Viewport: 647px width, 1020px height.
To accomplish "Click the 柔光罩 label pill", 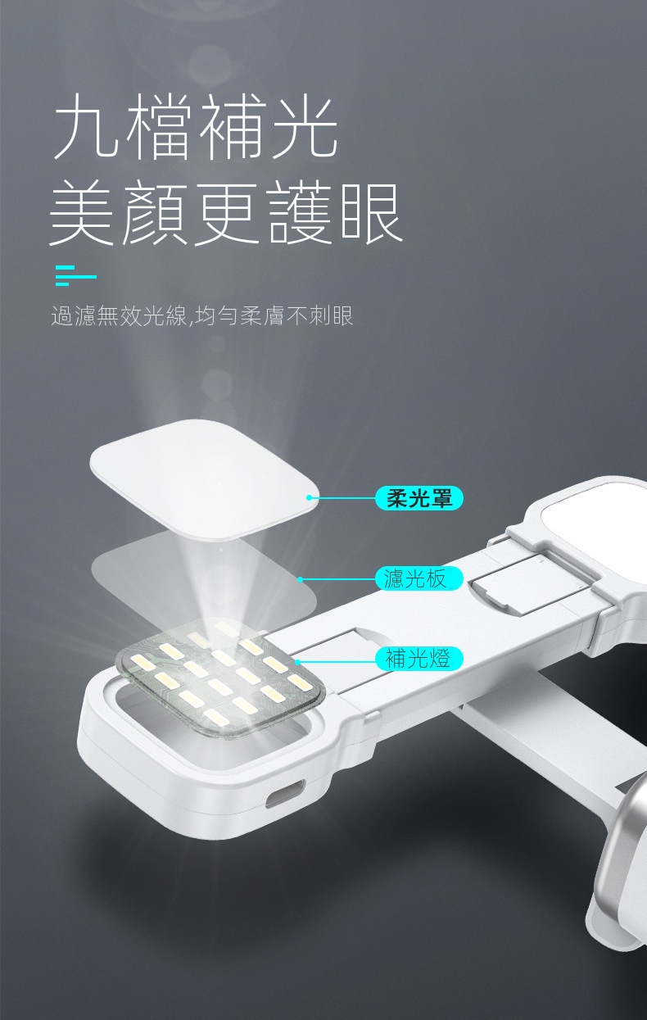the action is point(419,498).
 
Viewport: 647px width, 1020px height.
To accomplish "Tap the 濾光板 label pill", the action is point(419,578).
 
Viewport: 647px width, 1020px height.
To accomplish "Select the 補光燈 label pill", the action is point(419,659).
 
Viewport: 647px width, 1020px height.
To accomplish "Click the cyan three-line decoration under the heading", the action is point(75,275).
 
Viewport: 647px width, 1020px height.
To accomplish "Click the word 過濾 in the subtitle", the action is point(74,315).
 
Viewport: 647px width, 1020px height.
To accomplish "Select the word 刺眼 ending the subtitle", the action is point(331,315).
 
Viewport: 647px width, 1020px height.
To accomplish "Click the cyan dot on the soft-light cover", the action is point(309,497).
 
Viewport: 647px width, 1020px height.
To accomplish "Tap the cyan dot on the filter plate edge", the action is point(300,579).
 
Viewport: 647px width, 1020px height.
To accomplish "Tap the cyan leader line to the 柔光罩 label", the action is point(342,498).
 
